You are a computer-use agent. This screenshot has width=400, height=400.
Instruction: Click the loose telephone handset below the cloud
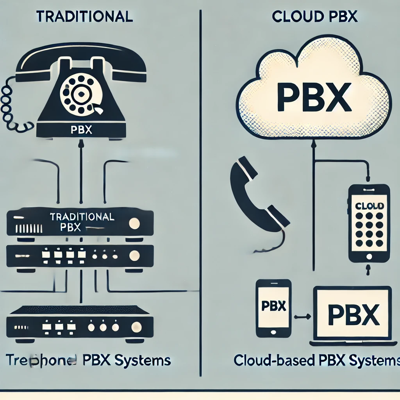(x=256, y=195)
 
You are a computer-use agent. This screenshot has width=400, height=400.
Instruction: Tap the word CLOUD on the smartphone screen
(x=370, y=205)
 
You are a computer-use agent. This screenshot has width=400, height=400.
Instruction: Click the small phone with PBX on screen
(x=273, y=308)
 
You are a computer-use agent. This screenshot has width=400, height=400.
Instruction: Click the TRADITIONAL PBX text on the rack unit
(x=82, y=221)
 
